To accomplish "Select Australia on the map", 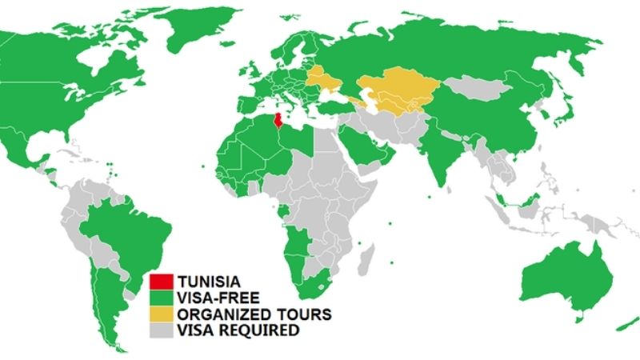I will [564, 276].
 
